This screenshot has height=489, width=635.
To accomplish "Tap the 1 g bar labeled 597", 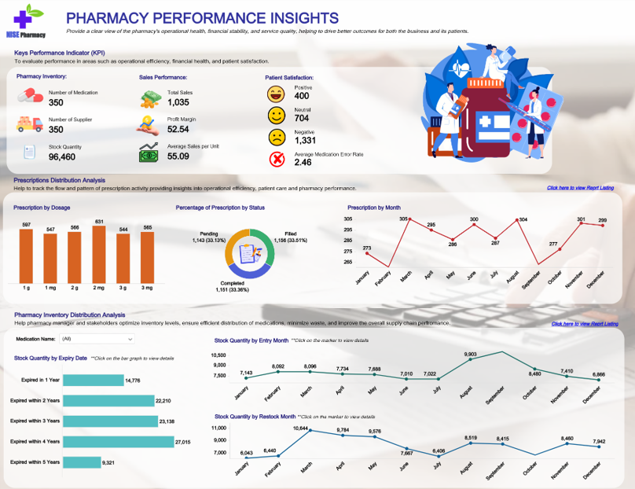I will point(26,256).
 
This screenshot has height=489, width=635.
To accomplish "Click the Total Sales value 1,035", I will point(178,102).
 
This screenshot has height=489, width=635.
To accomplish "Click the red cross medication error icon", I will point(277,160).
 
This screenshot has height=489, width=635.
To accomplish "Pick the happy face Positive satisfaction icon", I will point(276,94).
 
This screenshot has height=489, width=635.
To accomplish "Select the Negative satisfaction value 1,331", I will point(306,140).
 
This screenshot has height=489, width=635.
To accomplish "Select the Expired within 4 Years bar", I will point(117,442).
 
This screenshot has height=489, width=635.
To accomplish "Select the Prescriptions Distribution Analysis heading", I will point(59,180).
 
